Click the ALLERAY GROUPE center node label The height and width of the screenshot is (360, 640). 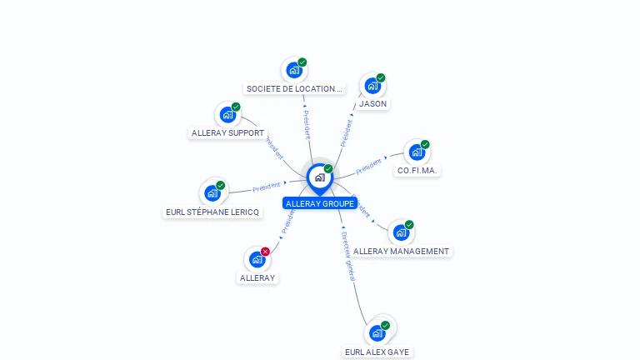coord(320,203)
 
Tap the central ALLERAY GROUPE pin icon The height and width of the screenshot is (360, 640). coord(319,177)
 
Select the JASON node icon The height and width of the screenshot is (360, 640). coord(372,86)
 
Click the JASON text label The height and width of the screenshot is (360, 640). coord(372,104)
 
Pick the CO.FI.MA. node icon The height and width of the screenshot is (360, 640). coord(416,152)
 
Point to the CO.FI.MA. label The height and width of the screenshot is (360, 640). coord(417,171)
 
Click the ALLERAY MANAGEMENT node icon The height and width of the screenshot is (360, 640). coord(401,232)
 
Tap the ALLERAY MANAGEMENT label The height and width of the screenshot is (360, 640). coord(402,251)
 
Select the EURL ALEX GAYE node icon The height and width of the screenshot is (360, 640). coord(377,332)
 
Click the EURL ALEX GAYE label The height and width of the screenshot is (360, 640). coord(377,352)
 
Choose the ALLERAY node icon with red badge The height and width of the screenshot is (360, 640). coord(257,259)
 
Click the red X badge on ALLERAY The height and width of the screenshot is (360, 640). coord(265,252)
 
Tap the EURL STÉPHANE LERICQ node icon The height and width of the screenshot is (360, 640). coord(212,193)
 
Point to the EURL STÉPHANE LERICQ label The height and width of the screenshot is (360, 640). coord(212,212)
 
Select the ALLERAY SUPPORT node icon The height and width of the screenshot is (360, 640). coord(227,115)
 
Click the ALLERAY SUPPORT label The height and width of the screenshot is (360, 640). coord(227,133)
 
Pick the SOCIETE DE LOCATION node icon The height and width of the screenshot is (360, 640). coord(294,71)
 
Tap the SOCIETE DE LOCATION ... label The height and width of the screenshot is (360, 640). coord(294,88)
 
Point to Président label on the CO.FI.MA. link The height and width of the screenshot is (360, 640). coord(368,167)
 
